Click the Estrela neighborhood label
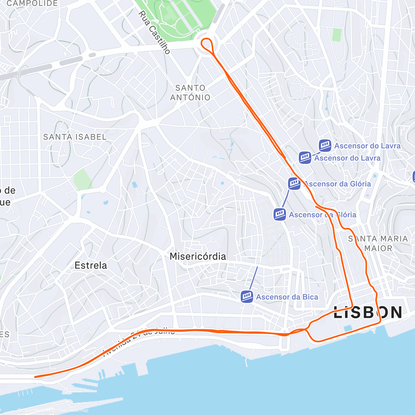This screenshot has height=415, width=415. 91,266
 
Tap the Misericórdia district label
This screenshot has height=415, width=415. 198,257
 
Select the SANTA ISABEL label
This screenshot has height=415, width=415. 75,137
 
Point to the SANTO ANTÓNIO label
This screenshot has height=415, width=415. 190,93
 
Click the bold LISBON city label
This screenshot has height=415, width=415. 368,312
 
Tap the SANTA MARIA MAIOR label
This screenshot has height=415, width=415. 378,243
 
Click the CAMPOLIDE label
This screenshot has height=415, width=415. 32,3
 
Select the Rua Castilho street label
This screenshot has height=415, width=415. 154,32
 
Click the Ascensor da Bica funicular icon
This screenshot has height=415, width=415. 247,296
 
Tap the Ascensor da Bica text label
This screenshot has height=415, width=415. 287,297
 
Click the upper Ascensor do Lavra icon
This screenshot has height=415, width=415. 325,146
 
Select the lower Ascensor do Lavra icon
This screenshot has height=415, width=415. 305,158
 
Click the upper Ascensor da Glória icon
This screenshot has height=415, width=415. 294,184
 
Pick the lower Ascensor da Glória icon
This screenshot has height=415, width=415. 280,214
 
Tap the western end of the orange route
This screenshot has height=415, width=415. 36,377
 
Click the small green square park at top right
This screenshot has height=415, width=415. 336,35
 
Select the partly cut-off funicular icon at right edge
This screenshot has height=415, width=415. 414,177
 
